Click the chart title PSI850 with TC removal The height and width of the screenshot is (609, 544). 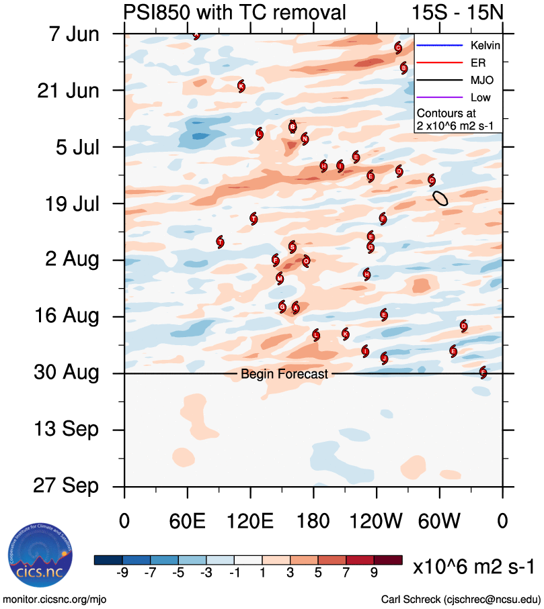point(235,12)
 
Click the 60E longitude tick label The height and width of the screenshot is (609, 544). point(188,520)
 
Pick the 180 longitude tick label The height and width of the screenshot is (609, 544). point(313,520)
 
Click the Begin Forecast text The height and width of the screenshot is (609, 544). point(284,374)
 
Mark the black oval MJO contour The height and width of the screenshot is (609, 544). point(440,197)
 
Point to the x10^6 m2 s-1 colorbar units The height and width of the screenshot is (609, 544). point(475,567)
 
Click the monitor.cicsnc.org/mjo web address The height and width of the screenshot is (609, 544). point(56,598)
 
